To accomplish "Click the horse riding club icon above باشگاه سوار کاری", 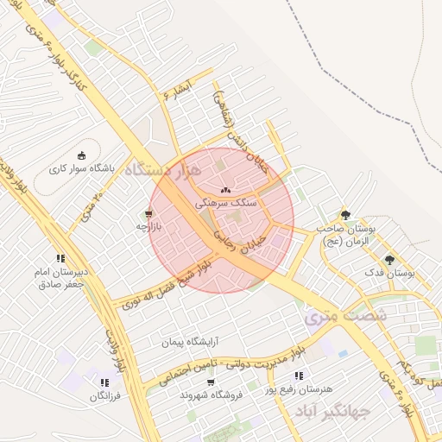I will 82,155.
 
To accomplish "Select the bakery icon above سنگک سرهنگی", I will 225,189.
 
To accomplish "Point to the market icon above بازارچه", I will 148,212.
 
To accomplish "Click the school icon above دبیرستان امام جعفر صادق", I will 60,257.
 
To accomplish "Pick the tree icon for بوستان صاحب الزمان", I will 346,214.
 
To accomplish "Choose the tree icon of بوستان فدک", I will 389,259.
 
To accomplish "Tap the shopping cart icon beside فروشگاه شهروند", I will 212,382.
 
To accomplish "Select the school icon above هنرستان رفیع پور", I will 299,376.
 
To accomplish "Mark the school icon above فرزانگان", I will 104,382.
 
